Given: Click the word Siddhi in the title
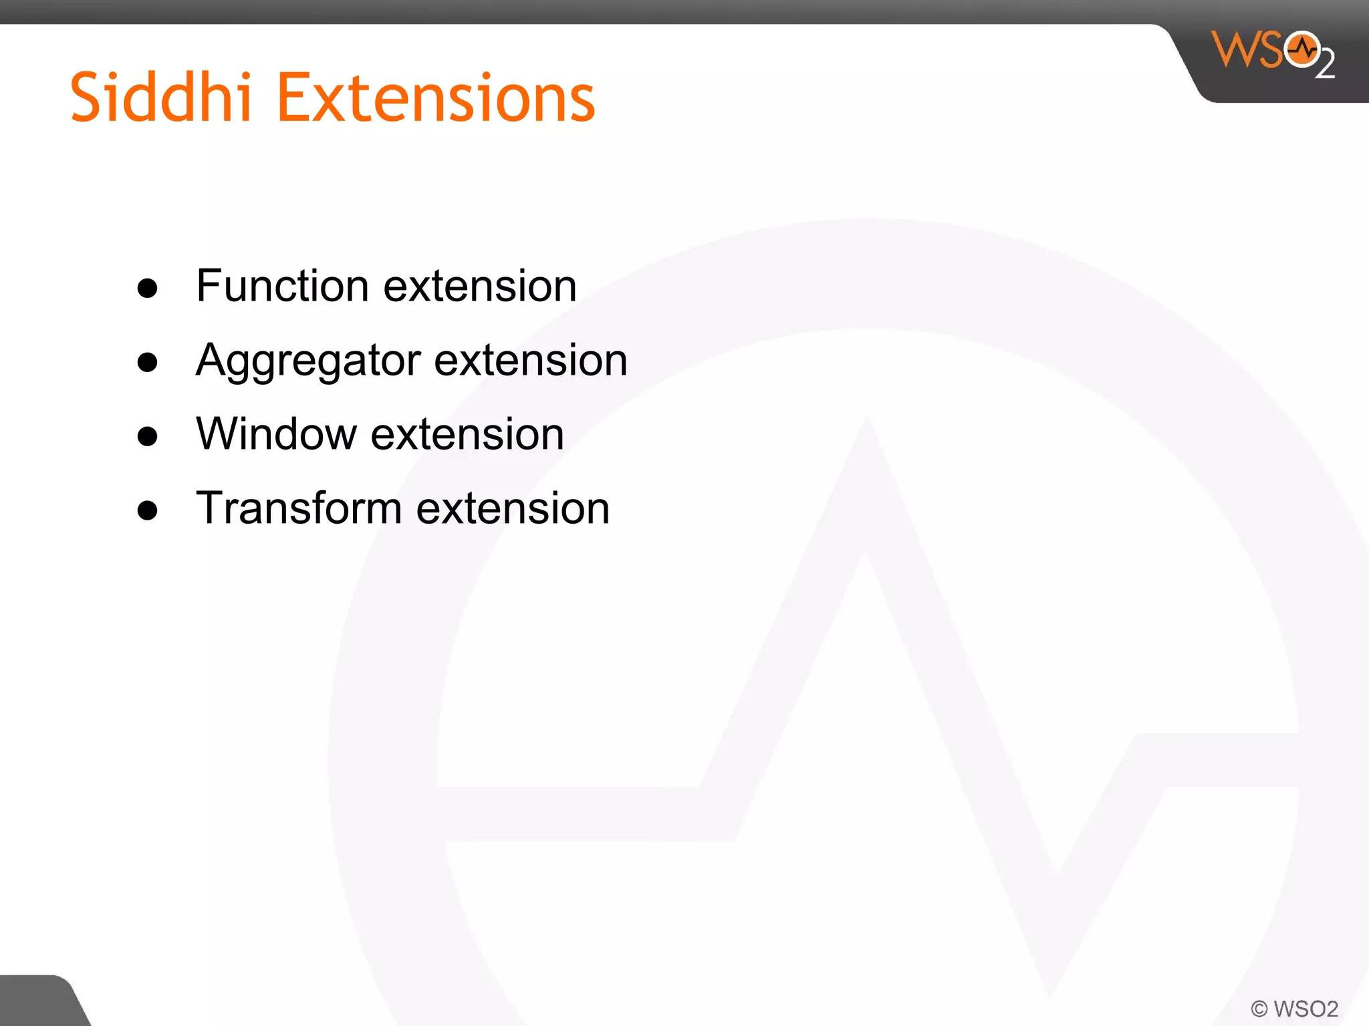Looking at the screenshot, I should pos(160,98).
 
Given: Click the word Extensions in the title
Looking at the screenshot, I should pos(435,98).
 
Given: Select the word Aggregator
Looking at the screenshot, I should pos(308,361).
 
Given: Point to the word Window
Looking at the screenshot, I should pos(276,434).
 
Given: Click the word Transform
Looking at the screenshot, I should pos(298,508).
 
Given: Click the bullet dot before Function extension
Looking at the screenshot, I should pos(147,289).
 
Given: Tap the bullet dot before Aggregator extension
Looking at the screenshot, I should pos(147,363).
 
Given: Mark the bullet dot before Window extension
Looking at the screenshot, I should pos(147,437).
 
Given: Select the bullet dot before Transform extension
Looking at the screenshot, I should pos(147,511).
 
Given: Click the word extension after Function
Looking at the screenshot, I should pos(480,286).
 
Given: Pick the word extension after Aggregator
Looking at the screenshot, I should pos(531,360).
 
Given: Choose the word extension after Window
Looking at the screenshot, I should pos(467,434).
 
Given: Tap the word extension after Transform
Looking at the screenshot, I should pos(513,508).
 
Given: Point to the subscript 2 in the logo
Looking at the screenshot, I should pos(1325,64).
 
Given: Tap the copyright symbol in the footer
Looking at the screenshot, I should pos(1259,1009).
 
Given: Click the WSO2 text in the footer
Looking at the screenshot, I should pos(1305,1009).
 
